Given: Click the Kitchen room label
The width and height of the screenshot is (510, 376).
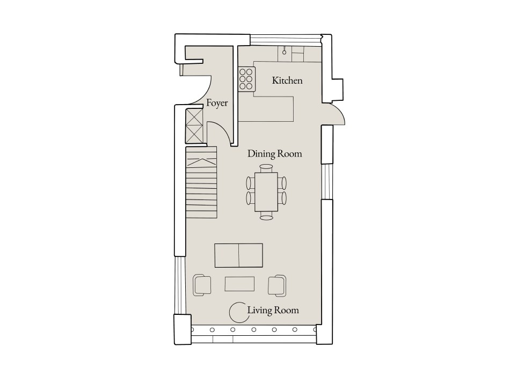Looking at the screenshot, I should click(x=287, y=81).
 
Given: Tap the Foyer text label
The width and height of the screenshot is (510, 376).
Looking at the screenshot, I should click(x=217, y=103).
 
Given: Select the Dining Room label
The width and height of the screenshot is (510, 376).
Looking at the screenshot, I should click(x=274, y=154).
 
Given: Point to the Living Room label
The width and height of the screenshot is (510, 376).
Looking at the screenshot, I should click(x=273, y=310).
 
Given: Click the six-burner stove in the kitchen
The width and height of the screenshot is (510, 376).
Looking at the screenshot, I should click(x=246, y=79).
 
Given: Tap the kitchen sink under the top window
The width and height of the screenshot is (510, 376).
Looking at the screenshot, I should click(x=285, y=54).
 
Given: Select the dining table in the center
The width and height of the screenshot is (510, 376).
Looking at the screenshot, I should click(x=266, y=191).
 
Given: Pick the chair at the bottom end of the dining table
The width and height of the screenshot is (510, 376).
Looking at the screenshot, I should click(x=266, y=216).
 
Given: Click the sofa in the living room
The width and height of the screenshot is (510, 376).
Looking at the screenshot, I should click(x=239, y=255).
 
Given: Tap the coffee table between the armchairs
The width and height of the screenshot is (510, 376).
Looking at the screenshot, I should click(x=239, y=283).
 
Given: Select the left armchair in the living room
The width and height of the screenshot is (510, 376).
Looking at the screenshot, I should click(x=202, y=284).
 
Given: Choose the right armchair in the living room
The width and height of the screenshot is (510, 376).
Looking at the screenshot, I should click(x=277, y=284).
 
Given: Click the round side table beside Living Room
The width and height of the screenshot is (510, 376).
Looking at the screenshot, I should click(x=237, y=310).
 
